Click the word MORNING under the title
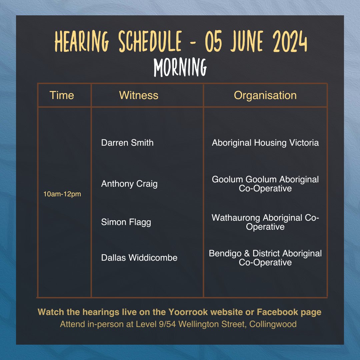tap(180, 68)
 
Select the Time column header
tap(62, 95)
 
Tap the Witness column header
tap(139, 95)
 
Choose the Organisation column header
tap(265, 95)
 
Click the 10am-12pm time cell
tap(62, 194)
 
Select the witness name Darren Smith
tap(127, 143)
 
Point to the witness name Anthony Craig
tap(129, 184)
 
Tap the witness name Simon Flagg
tap(126, 222)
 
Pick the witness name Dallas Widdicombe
tap(139, 258)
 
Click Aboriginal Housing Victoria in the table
tap(265, 143)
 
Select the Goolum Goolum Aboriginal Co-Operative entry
tap(265, 184)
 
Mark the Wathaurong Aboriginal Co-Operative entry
tap(265, 222)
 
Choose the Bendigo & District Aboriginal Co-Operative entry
tap(265, 258)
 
